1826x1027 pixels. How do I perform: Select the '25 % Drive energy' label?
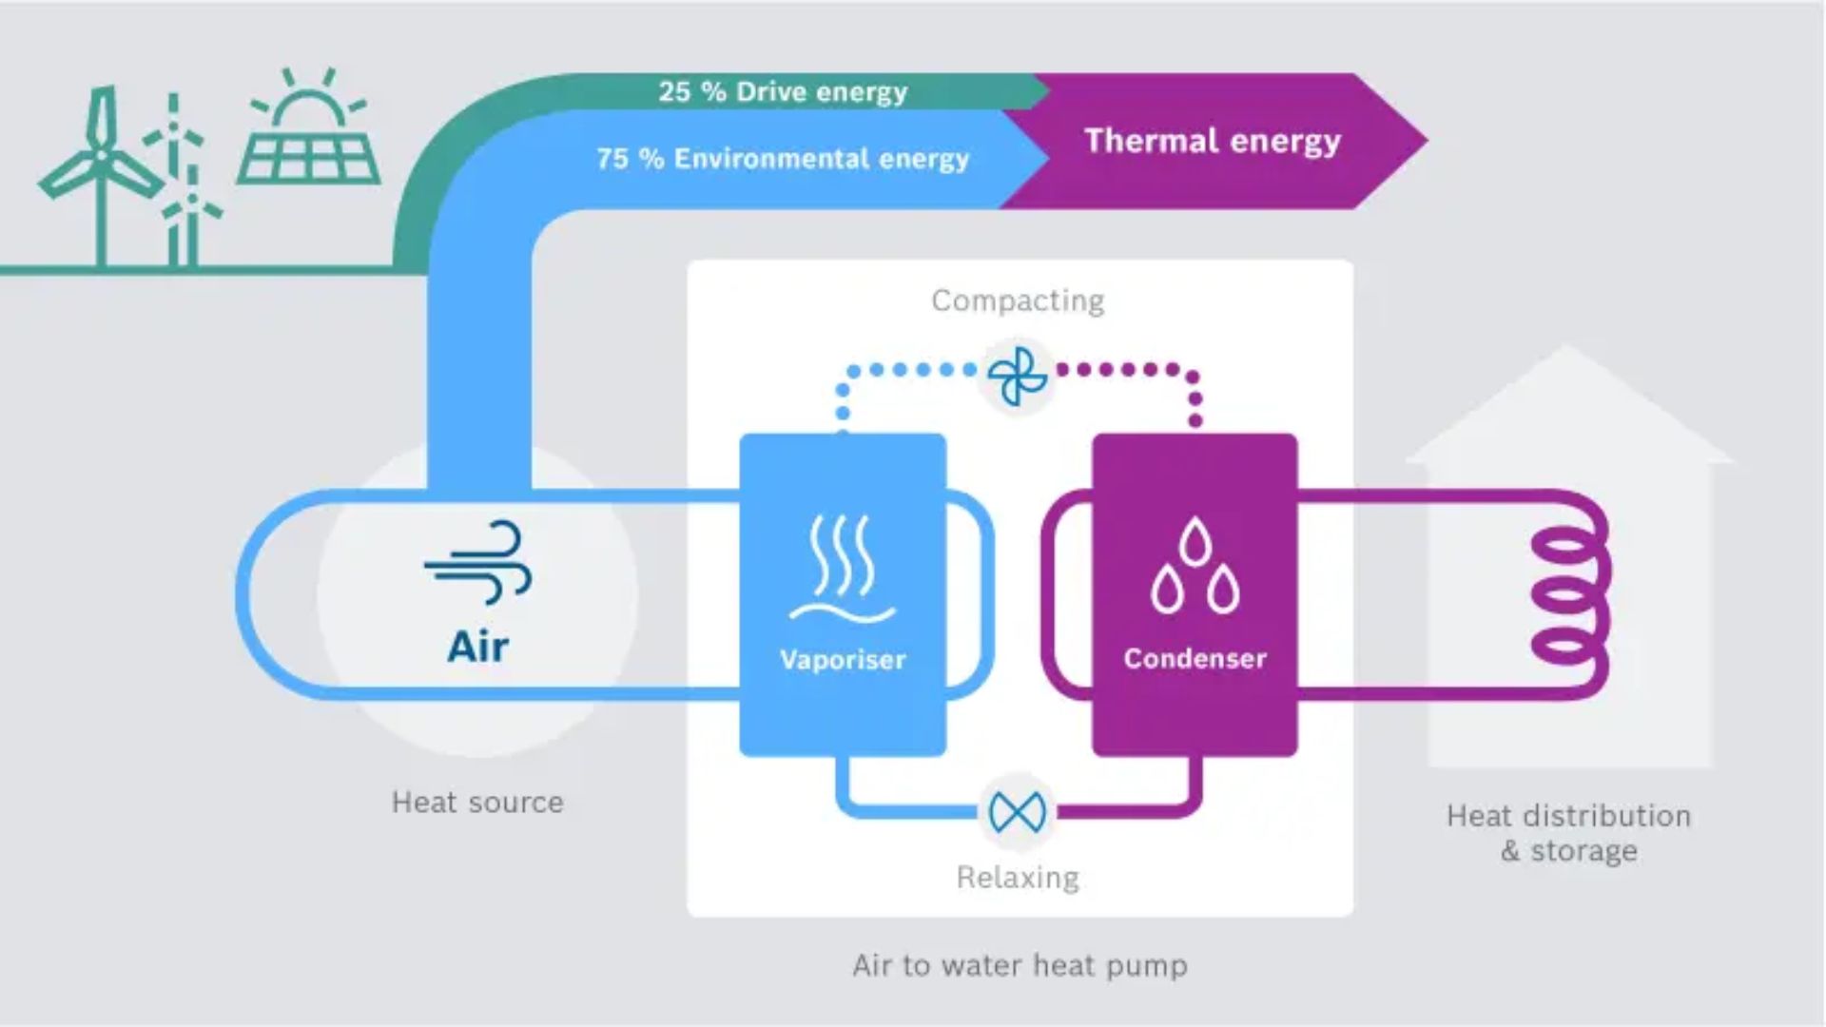783,92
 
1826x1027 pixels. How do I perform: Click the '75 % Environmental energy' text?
783,159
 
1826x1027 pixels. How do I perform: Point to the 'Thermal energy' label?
1213,141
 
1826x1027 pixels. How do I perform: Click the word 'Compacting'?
1018,300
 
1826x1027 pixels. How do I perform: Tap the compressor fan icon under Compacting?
1018,377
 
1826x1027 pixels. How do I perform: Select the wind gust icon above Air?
478,562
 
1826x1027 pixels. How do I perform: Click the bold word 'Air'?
477,647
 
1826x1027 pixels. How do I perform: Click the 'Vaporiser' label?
843,659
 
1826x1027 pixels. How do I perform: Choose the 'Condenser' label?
1195,658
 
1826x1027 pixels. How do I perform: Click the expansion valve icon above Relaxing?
1018,812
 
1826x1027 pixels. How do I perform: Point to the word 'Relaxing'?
1018,877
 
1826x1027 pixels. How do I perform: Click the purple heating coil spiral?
1569,596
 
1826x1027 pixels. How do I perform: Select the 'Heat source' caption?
477,803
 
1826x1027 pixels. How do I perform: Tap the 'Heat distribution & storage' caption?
1569,833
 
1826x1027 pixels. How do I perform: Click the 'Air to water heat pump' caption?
1020,965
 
